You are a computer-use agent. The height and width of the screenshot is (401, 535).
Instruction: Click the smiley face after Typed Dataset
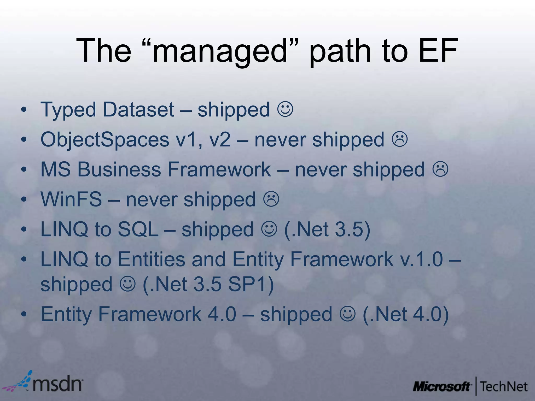click(x=285, y=110)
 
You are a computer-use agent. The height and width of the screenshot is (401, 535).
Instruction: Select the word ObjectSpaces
click(x=105, y=140)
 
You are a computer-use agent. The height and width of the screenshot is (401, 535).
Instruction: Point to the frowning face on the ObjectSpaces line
click(x=400, y=140)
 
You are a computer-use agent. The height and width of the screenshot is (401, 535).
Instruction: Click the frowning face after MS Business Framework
click(x=440, y=169)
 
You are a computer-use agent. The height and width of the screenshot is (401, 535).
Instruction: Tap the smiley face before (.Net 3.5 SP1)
click(x=128, y=284)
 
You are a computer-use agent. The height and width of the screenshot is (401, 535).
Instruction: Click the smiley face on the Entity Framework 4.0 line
click(x=347, y=314)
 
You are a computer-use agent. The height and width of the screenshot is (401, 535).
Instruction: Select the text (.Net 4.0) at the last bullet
click(x=406, y=314)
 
